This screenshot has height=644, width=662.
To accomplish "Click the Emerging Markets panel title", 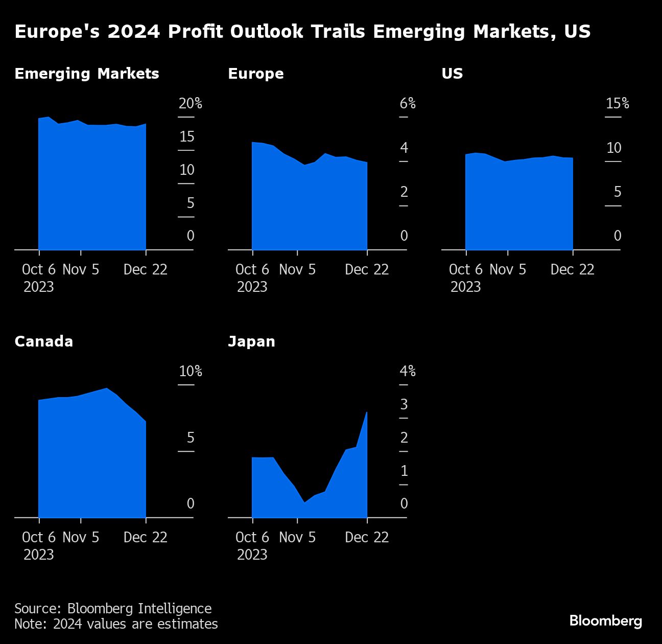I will [87, 74].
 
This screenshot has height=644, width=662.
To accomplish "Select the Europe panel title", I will [255, 74].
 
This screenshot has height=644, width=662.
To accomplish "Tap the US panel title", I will [452, 74].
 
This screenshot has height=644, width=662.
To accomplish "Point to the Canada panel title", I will [43, 341].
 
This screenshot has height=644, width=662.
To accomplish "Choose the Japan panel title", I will [251, 341].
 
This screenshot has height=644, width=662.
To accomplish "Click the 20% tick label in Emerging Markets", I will [190, 104].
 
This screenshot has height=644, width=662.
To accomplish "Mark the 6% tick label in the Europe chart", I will [407, 104].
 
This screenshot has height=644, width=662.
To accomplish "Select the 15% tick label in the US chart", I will [617, 104].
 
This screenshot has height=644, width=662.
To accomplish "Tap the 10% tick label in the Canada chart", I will [190, 372].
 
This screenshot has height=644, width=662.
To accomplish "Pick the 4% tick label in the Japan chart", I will [407, 372].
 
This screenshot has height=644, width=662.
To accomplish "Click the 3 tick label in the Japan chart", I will [404, 404].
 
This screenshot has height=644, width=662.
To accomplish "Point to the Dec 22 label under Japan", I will [367, 537].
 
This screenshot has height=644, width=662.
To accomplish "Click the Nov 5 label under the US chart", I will [508, 269].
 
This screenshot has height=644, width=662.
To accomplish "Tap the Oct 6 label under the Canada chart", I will [39, 537].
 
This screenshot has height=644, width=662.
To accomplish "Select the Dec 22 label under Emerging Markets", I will [146, 269].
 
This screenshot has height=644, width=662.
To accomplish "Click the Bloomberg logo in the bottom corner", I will [605, 620].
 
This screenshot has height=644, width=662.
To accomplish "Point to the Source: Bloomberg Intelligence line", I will [113, 608].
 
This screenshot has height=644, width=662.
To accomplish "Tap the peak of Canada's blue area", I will [107, 389].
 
